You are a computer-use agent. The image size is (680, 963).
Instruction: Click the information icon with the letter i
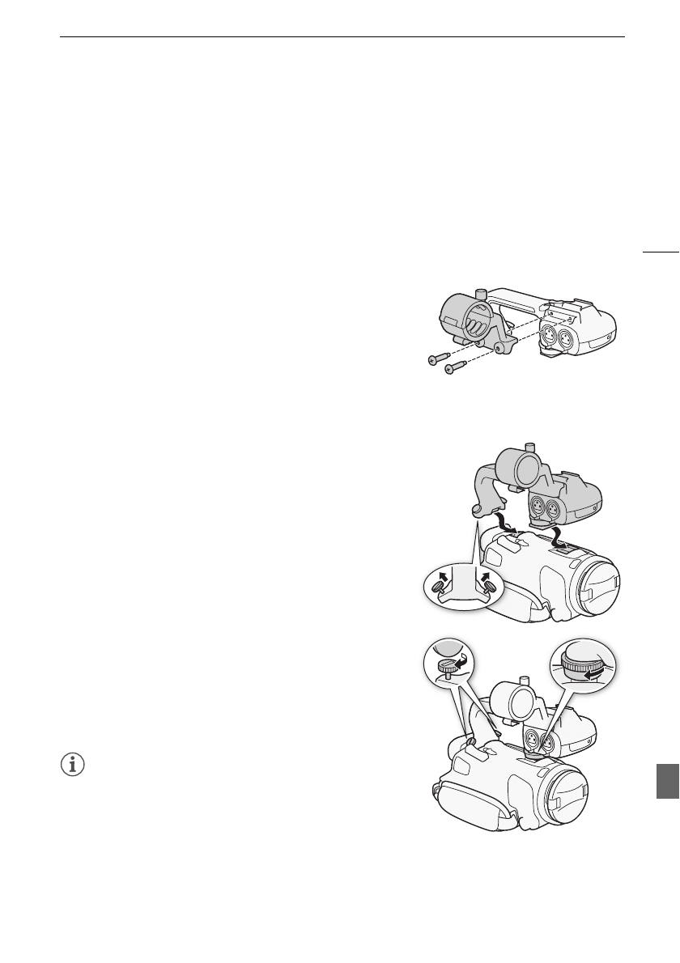pyautogui.click(x=73, y=764)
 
